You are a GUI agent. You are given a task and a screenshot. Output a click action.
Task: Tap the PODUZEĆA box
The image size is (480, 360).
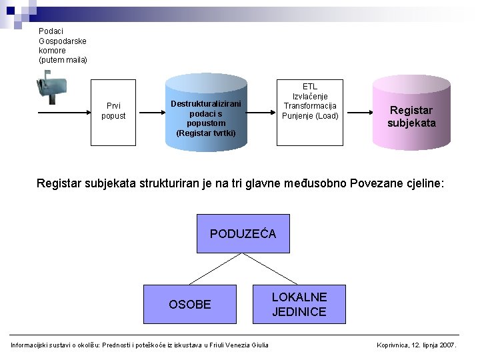click(x=243, y=233)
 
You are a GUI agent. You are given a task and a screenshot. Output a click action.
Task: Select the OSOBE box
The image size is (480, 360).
click(x=189, y=304)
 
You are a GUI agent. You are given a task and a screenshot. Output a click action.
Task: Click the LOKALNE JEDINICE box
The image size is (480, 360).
click(x=299, y=304)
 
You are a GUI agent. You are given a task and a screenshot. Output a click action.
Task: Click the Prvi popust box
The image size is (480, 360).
click(x=113, y=111)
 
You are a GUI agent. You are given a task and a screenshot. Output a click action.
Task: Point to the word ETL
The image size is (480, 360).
click(x=310, y=87)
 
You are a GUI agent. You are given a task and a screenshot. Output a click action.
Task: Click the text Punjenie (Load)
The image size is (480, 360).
click(x=310, y=116)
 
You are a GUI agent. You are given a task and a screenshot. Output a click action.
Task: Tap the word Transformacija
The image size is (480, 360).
click(x=310, y=106)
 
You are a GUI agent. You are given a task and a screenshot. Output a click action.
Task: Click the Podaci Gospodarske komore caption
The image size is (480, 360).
click(x=63, y=45)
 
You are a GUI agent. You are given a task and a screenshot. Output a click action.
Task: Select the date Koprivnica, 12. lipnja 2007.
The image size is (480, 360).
click(x=417, y=345)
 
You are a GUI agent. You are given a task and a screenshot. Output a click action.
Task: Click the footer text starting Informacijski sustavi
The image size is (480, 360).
click(x=140, y=345)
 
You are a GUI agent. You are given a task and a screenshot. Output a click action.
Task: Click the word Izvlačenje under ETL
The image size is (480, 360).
click(x=310, y=97)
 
